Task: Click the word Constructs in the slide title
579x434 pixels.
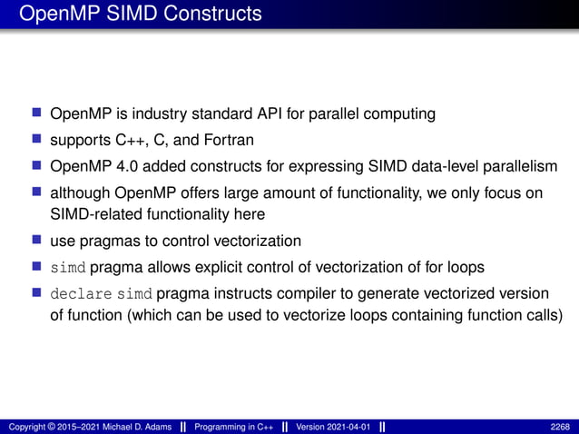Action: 213,14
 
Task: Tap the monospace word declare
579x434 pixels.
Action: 83,295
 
